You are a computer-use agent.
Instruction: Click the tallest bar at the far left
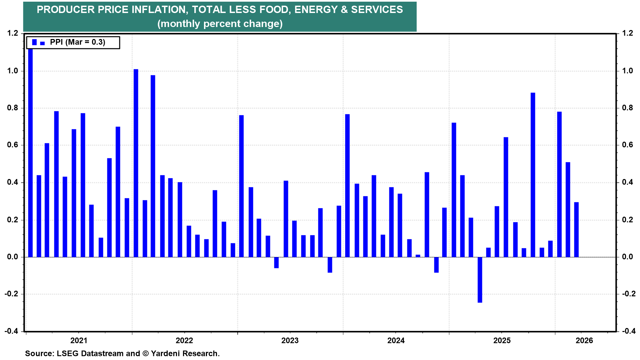pyautogui.click(x=30, y=153)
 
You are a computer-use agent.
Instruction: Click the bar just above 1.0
pyautogui.click(x=136, y=163)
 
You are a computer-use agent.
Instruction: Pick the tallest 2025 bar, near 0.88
pyautogui.click(x=533, y=175)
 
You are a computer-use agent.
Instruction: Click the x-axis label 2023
pyautogui.click(x=290, y=340)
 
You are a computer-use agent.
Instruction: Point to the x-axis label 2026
pyautogui.click(x=584, y=340)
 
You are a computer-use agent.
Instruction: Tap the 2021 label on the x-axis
pyautogui.click(x=79, y=340)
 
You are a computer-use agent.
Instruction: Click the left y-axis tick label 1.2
pyautogui.click(x=13, y=33)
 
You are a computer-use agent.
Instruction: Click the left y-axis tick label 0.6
pyautogui.click(x=13, y=145)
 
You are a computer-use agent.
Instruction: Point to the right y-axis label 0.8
pyautogui.click(x=627, y=108)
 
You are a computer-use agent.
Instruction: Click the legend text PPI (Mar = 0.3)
pyautogui.click(x=77, y=42)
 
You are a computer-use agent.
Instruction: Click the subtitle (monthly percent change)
pyautogui.click(x=220, y=24)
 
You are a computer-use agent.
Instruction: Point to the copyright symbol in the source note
pyautogui.click(x=145, y=353)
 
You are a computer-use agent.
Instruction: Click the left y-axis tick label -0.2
pyautogui.click(x=12, y=294)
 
